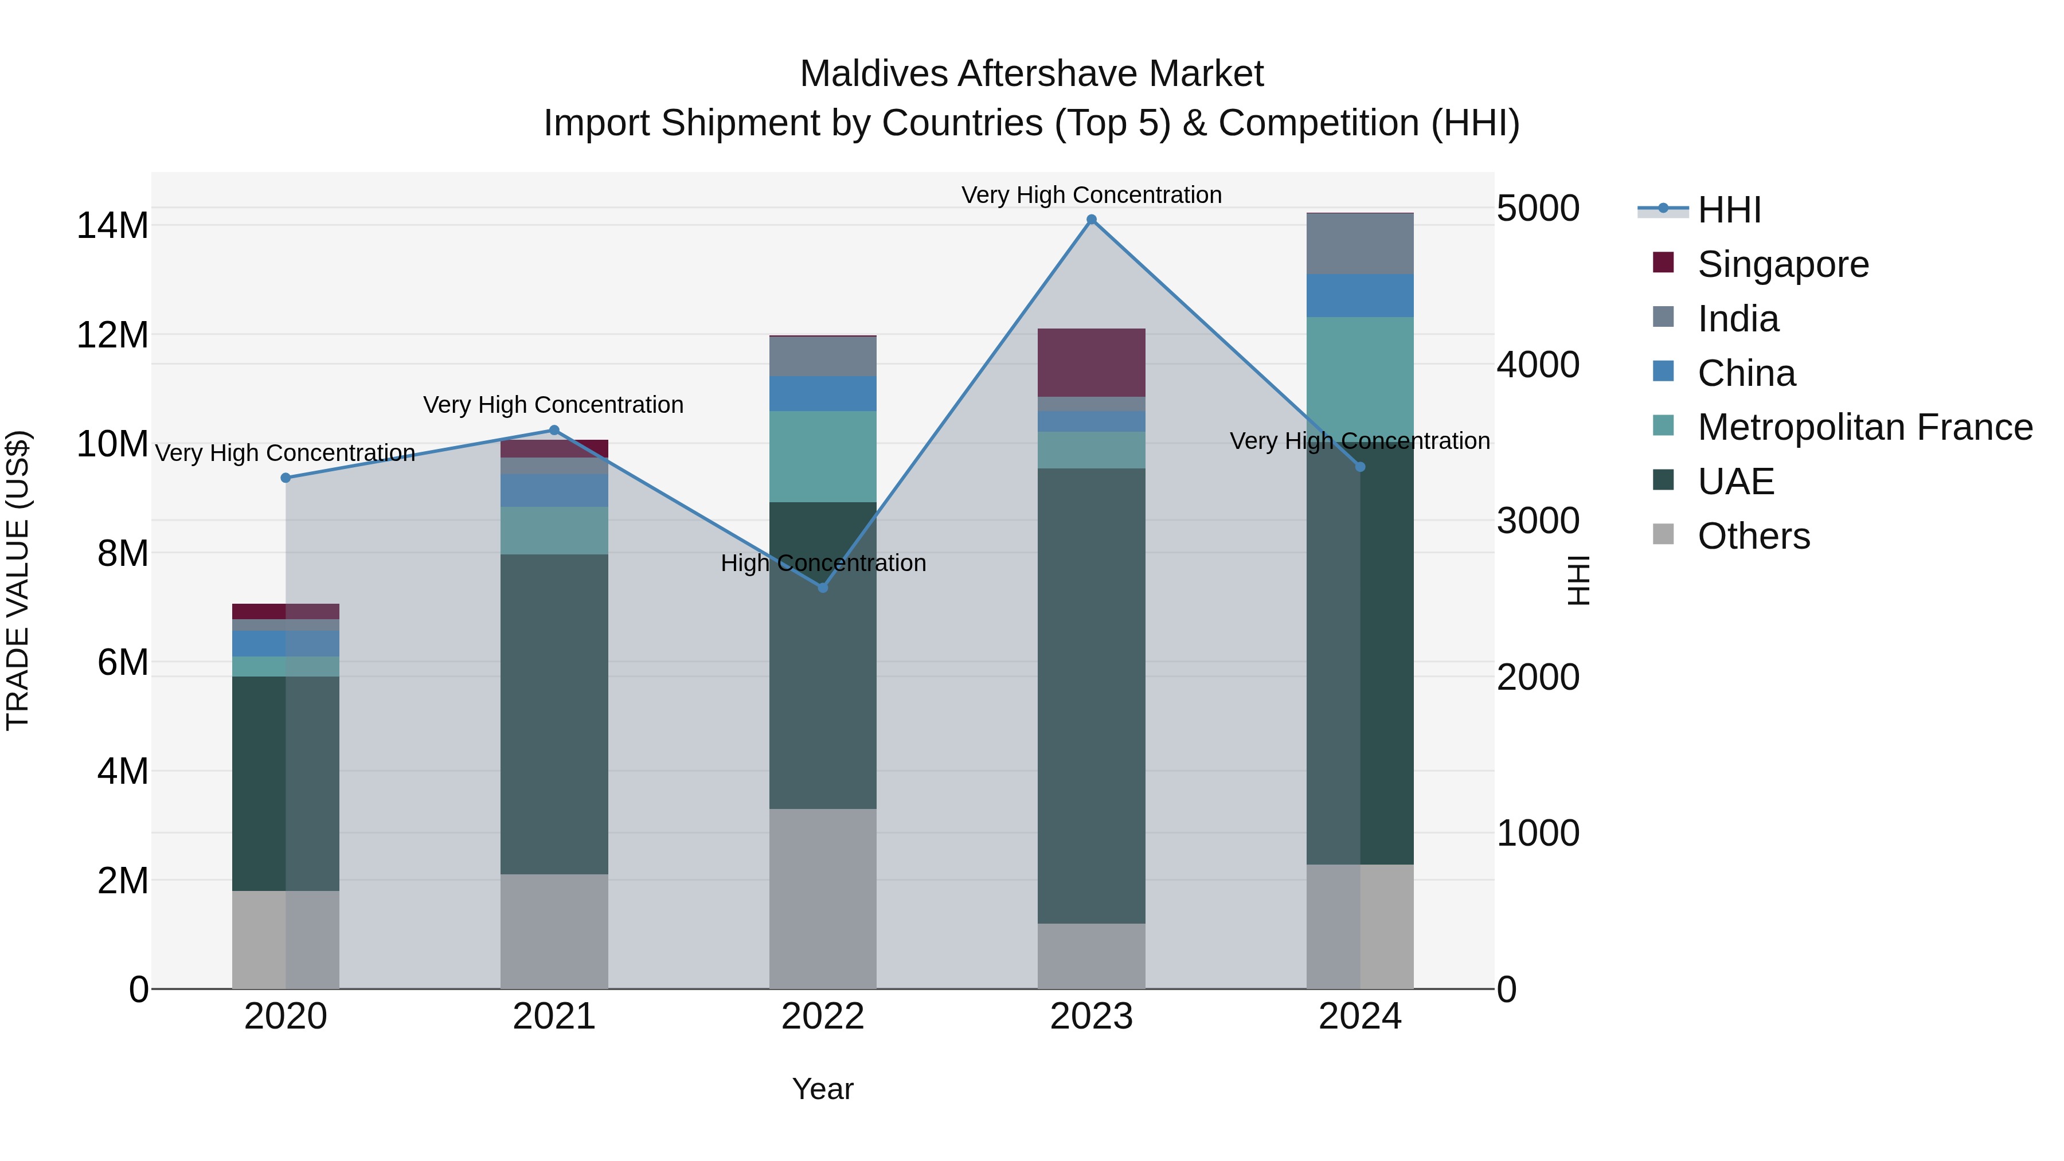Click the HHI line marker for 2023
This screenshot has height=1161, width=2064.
click(x=1091, y=220)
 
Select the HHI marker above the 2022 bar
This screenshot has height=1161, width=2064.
click(x=822, y=587)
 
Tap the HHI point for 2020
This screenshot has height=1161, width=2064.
click(x=286, y=478)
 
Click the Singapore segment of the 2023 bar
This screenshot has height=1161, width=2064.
click(x=1091, y=362)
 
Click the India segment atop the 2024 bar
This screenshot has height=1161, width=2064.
click(x=1360, y=244)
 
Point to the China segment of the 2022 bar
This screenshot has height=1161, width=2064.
click(x=822, y=393)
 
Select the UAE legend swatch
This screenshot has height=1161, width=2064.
click(x=1663, y=481)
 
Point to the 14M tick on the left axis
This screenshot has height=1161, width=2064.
click(x=112, y=225)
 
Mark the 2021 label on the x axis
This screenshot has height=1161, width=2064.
click(x=554, y=1017)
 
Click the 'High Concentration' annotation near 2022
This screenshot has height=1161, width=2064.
click(x=823, y=562)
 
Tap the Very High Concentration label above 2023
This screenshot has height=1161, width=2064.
click(x=1091, y=195)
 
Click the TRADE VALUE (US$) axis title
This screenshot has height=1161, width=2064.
click(x=18, y=580)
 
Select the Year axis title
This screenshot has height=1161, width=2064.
click(x=822, y=1089)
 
